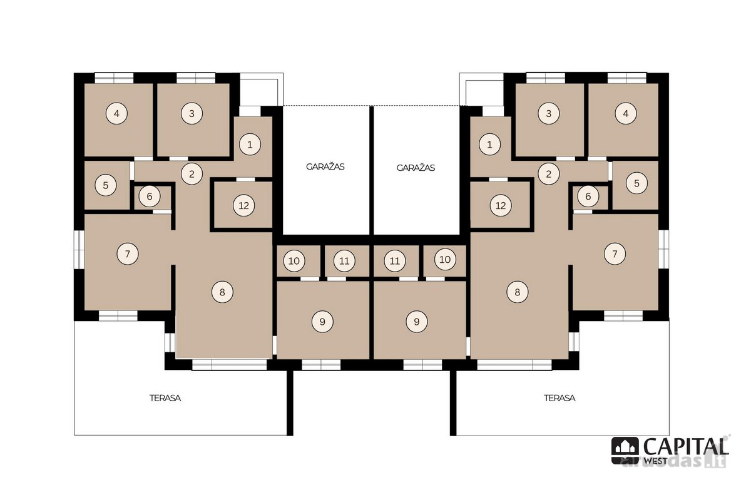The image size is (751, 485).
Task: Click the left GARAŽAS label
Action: coord(325,166)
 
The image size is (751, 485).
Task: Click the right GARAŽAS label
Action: coord(416,168)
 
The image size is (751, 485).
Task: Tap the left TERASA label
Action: coord(165,398)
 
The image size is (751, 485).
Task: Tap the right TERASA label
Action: coord(559,398)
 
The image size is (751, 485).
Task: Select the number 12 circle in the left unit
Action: coord(243,205)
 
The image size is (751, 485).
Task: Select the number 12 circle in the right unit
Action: coord(501,205)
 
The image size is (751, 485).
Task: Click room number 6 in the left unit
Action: coord(150,196)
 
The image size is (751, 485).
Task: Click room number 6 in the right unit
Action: coord(588,196)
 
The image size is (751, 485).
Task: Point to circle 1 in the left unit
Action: coord(250,145)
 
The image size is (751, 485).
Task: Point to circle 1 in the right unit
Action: coord(490,145)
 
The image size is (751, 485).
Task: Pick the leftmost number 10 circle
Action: coord(294,261)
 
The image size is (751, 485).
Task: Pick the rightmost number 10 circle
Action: coord(445,260)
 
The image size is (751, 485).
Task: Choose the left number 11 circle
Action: coord(344,261)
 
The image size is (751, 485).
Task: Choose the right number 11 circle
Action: coord(395,261)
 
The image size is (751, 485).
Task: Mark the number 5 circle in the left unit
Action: coord(106,185)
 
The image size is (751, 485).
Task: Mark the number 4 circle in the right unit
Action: coord(626,114)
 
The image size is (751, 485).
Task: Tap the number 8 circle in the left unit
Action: coord(222,292)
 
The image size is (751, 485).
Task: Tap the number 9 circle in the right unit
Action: coord(417,322)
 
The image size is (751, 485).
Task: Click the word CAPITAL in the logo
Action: coord(686,447)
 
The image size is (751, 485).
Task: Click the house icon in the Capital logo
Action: coord(625,451)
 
